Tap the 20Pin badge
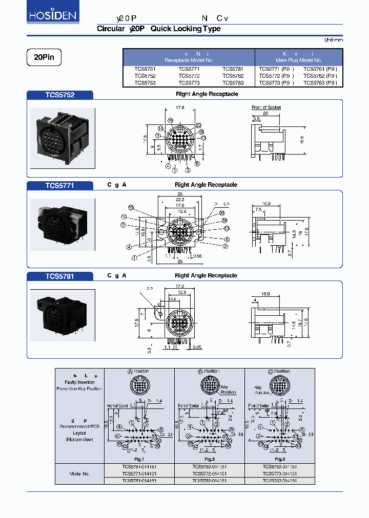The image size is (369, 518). point(44,58)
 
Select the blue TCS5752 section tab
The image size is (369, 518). point(59,95)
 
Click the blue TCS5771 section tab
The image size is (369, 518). point(59,185)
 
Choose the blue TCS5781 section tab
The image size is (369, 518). point(59,276)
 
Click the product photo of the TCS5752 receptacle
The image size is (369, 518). point(63,138)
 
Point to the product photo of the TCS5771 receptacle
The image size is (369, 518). point(63,225)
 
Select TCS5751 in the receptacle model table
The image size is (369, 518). point(145,69)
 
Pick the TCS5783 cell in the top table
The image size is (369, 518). point(233,82)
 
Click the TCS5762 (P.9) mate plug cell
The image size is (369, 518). point(320,75)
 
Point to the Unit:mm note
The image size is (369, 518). point(333,40)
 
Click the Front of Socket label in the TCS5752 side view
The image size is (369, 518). point(266,107)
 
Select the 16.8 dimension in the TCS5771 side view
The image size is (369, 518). point(265,203)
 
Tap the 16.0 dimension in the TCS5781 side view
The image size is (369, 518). point(264,294)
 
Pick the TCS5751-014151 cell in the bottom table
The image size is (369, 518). point(139,466)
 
